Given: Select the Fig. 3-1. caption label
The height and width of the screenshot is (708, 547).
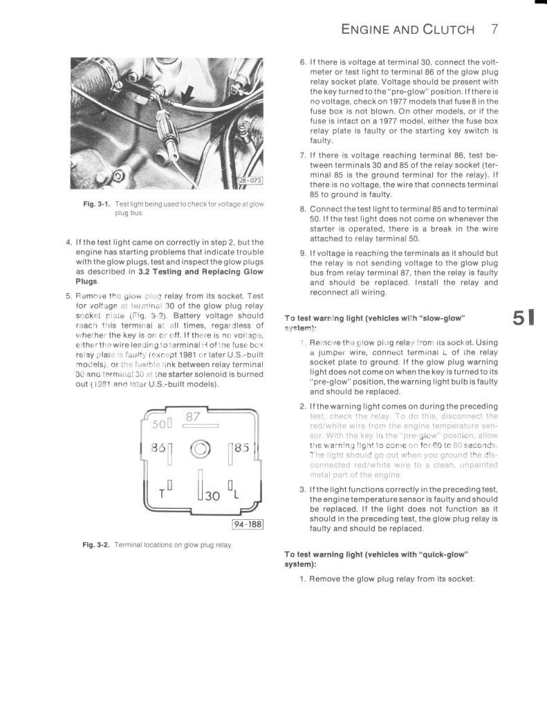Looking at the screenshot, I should [98, 204].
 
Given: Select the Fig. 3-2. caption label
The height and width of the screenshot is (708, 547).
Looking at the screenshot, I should [98, 545].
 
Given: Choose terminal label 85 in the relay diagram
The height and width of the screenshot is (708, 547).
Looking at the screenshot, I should [241, 448].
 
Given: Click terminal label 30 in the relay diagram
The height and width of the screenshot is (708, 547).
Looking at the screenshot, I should [212, 495].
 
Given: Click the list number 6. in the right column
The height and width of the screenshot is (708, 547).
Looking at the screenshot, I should [303, 62].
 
